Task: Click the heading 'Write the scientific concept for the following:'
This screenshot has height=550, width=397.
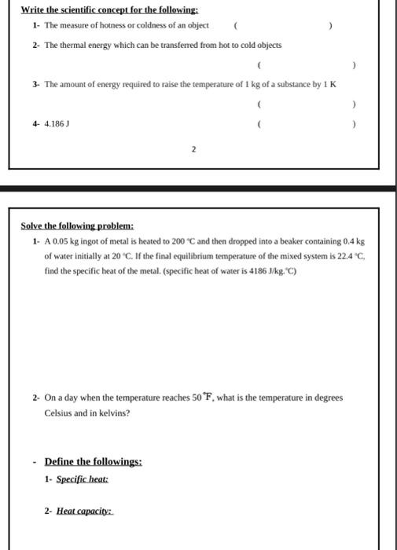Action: click(x=109, y=10)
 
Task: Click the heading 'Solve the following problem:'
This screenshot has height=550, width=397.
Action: click(x=77, y=225)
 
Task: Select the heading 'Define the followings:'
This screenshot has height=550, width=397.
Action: click(x=93, y=462)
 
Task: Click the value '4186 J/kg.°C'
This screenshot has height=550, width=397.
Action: click(x=272, y=271)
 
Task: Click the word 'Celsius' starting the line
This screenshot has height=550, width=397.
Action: click(x=58, y=412)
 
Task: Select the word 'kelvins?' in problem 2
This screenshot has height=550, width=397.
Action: click(x=115, y=412)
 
